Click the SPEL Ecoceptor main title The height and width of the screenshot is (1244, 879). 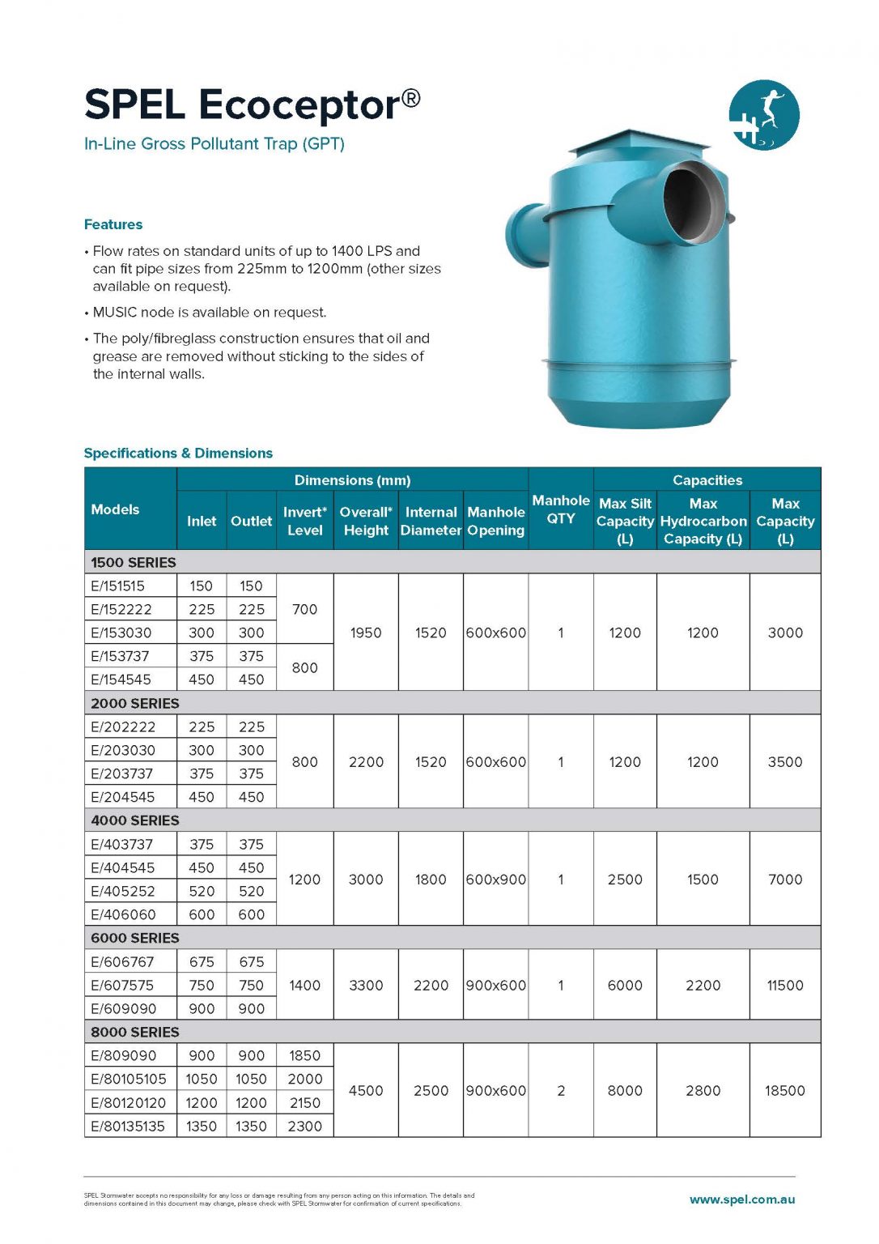[x=252, y=105]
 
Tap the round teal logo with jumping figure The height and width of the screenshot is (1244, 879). [x=763, y=115]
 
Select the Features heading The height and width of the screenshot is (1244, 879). [x=113, y=224]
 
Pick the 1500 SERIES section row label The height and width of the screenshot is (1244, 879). [x=134, y=562]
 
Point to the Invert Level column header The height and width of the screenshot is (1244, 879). [x=304, y=522]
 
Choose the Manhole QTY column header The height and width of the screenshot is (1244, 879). [x=560, y=509]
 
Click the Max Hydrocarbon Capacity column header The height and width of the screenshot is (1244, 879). [x=703, y=522]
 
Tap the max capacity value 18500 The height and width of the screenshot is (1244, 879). [x=784, y=1091]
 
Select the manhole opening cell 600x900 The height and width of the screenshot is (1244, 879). [x=495, y=880]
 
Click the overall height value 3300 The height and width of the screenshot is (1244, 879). [x=366, y=986]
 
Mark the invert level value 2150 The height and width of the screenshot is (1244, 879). [x=304, y=1103]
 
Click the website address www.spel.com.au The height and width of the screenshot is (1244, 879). [x=741, y=1199]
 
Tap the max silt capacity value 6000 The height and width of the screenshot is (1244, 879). [x=625, y=986]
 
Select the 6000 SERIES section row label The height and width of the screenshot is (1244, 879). [x=134, y=938]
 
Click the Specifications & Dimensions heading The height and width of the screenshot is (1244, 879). [x=178, y=454]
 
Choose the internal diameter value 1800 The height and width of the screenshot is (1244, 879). [x=431, y=880]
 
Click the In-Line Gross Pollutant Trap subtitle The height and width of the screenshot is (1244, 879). [x=214, y=144]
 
